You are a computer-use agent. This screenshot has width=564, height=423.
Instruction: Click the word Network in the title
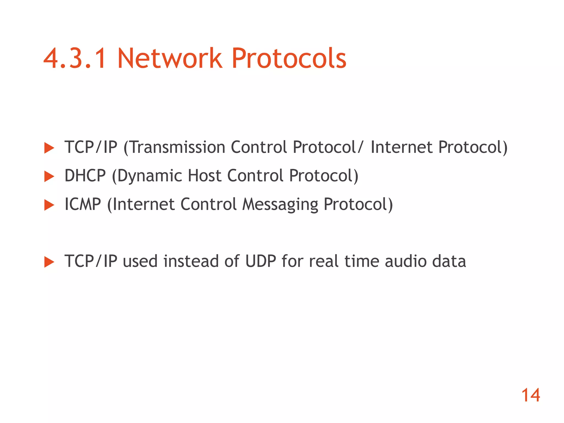tap(170, 58)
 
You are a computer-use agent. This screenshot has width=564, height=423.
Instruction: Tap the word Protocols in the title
tap(289, 58)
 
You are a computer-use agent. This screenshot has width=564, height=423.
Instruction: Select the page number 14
tap(530, 395)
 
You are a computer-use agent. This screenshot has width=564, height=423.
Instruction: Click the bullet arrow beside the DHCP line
tap(49, 176)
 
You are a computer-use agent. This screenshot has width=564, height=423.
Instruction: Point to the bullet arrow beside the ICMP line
tap(49, 205)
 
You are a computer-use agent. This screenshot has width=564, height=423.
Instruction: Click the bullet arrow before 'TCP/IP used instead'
tap(49, 262)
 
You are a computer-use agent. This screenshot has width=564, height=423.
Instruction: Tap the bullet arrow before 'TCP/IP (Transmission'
tap(49, 148)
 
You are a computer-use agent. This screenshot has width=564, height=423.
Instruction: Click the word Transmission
tap(177, 147)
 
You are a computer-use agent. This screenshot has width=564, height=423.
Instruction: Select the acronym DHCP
tap(85, 176)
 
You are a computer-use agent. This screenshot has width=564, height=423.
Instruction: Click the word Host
tap(205, 176)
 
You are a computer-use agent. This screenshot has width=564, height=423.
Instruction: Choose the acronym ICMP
tap(83, 204)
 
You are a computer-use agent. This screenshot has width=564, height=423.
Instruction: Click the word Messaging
tap(280, 205)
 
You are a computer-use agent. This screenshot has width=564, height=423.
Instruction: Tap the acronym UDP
tap(261, 261)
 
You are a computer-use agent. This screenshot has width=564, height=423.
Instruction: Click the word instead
tap(191, 261)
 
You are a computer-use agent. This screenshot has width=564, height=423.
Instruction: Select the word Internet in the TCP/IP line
tap(402, 147)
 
